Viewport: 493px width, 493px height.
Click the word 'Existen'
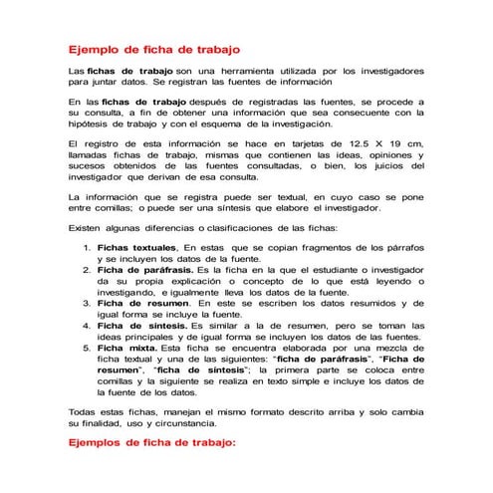coord(87,228)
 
